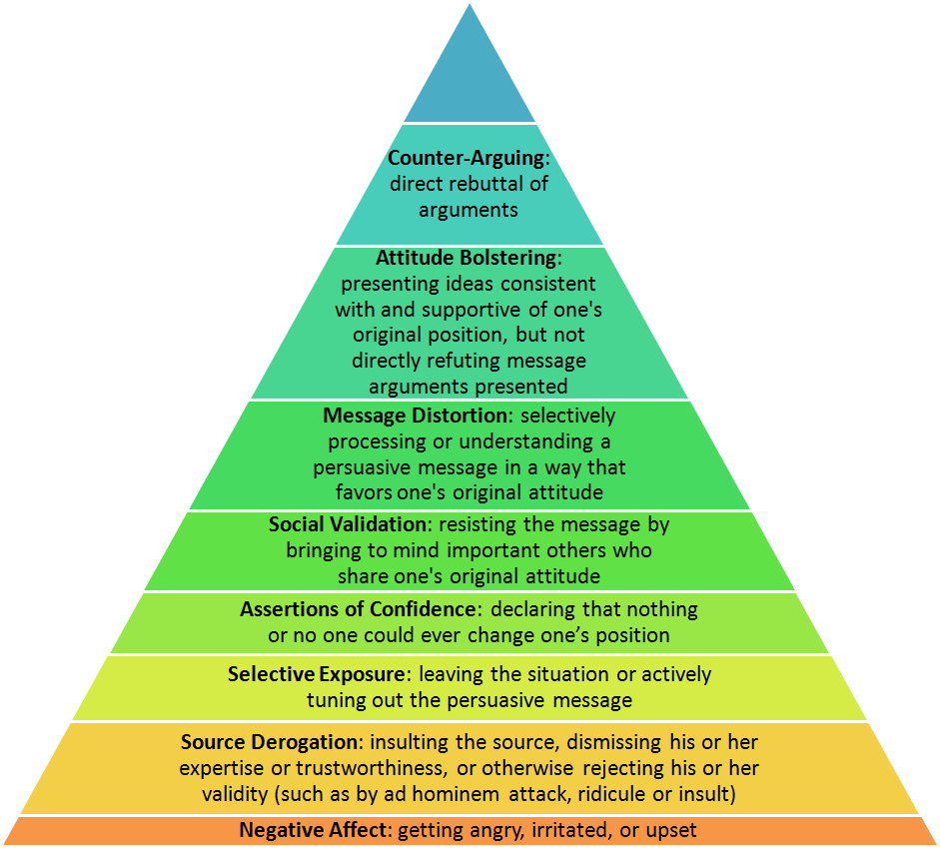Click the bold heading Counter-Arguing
467,158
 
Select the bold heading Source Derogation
270,742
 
